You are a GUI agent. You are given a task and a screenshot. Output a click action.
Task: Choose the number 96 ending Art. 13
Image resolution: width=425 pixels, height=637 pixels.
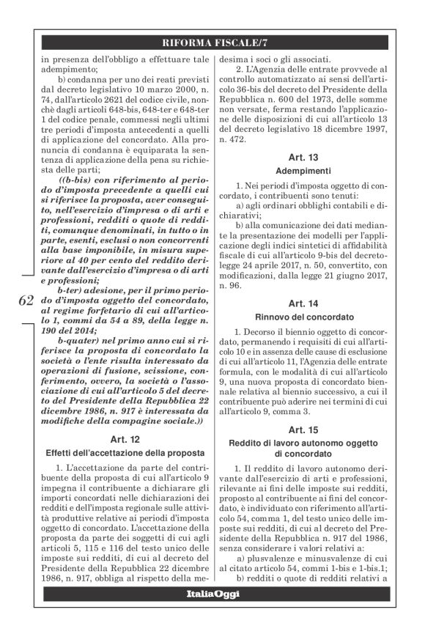coord(229,283)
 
